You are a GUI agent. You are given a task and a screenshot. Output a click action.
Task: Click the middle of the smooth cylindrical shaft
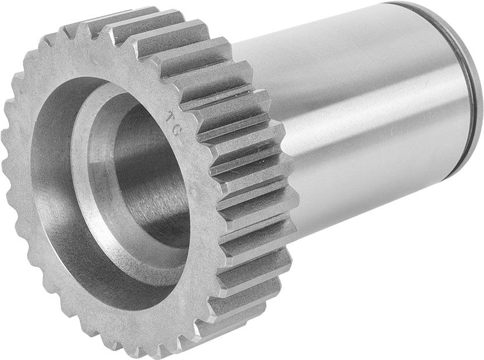361,117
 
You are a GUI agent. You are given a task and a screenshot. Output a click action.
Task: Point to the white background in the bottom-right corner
454,332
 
